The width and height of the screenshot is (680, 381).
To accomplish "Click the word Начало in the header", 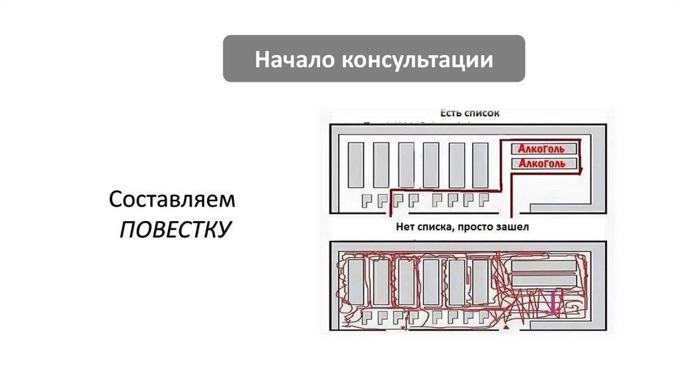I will coord(294,60).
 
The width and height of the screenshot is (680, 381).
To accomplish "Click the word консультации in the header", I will coord(417,60).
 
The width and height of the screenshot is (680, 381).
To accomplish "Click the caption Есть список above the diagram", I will coord(469,114).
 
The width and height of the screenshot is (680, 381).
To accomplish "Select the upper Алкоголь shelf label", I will coord(542,149).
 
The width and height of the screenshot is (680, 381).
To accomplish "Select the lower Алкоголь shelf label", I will coord(542,163).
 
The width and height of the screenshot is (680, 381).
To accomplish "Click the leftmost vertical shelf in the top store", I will coord(356,165).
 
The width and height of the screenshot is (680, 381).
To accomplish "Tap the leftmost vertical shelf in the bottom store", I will coord(356,281).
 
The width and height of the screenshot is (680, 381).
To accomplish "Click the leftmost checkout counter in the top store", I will coord(367,199).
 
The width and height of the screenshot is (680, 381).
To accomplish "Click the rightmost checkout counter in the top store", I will coord(484,199).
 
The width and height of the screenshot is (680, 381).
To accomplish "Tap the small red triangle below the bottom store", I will coord(507,329).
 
